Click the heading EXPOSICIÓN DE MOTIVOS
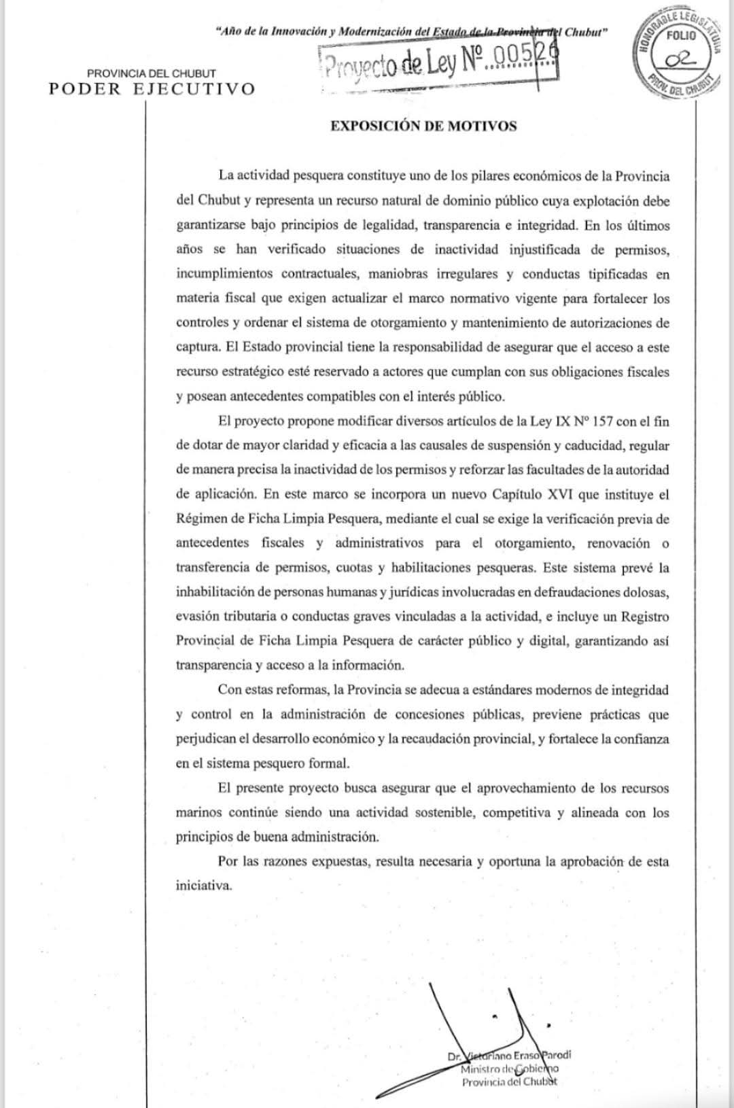(x=423, y=126)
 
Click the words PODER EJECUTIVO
(x=152, y=89)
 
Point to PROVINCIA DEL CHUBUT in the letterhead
(x=152, y=73)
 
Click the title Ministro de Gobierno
(x=509, y=1069)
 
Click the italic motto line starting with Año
(x=410, y=32)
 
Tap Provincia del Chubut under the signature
(x=509, y=1082)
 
